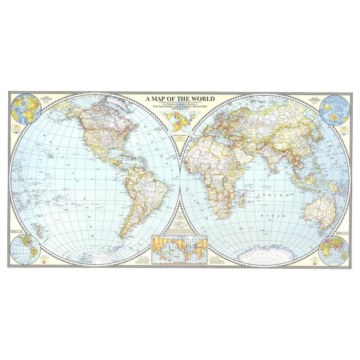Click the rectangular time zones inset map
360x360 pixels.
point(178,248)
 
